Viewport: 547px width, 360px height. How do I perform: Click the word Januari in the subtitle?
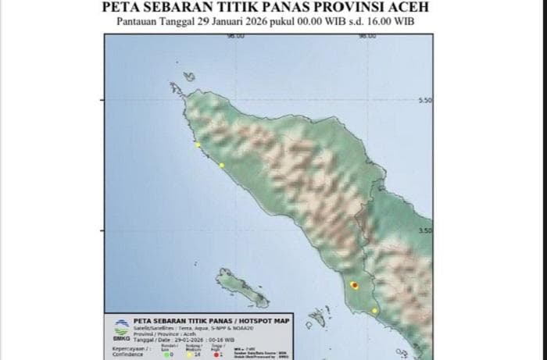pyautogui.click(x=223, y=22)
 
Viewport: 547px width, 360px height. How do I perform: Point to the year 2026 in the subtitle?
pyautogui.click(x=260, y=22)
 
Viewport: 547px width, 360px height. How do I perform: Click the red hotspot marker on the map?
pyautogui.click(x=354, y=286)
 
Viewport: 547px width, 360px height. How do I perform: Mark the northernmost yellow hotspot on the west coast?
pyautogui.click(x=198, y=145)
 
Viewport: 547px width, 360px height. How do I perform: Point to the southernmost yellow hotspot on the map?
pyautogui.click(x=374, y=311)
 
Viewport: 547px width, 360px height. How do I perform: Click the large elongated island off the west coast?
pyautogui.click(x=241, y=287)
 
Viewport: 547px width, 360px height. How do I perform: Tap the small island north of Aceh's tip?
pyautogui.click(x=189, y=77)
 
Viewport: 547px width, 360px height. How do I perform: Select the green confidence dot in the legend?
pyautogui.click(x=166, y=354)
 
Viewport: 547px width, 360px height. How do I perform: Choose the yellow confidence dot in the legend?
pyautogui.click(x=190, y=354)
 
